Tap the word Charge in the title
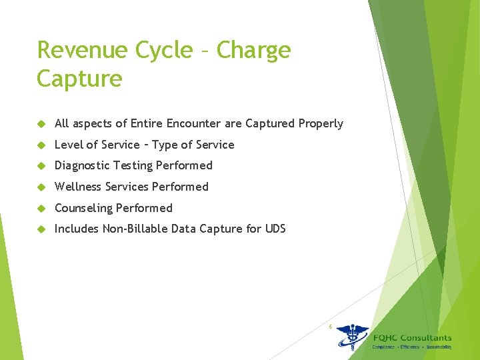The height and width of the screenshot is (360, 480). [254, 51]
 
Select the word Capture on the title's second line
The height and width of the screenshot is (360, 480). [79, 79]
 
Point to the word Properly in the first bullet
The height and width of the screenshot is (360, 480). [321, 123]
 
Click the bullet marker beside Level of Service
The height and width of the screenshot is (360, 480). [41, 145]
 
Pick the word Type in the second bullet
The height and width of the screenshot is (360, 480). [165, 145]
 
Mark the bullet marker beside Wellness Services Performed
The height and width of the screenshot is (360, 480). [41, 187]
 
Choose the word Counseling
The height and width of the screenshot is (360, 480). [83, 208]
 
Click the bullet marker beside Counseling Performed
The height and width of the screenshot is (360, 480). [41, 208]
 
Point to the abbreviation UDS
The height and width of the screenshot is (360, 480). [275, 229]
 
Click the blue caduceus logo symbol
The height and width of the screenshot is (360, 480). [352, 337]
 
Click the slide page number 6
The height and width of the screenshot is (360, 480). [330, 326]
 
